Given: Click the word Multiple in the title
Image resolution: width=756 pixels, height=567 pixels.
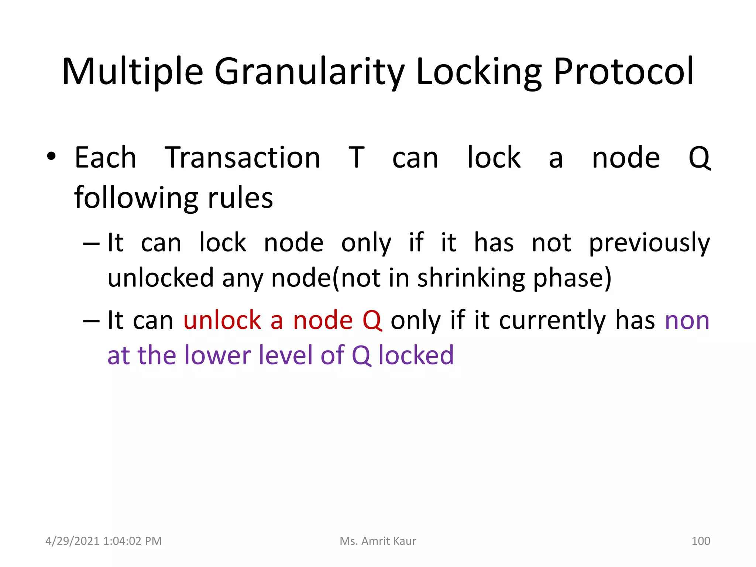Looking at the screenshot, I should pos(133,72).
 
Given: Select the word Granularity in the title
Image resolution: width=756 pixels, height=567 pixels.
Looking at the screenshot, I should pos(309,72).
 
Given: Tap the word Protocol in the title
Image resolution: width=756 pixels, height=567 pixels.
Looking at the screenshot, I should pos(623,72).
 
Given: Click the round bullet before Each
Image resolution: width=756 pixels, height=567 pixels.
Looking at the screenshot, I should pos(51,157).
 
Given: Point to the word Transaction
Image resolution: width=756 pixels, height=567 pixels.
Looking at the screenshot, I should pos(243,158).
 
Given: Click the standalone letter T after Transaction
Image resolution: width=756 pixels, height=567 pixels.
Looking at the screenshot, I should pos(357,158).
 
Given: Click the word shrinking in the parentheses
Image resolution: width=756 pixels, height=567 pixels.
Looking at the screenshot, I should pos(471,278).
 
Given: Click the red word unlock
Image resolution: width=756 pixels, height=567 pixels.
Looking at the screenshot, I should pos(222,320).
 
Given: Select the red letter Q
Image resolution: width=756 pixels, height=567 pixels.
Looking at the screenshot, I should pos(372,321).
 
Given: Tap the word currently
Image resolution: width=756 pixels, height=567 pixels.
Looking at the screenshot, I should pos(552,320).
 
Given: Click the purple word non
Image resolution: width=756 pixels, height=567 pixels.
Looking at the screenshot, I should pos(687,321).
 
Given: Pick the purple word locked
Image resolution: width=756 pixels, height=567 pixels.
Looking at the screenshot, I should pos(416,355).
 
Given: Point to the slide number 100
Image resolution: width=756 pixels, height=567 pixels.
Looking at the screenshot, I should pos(700,541).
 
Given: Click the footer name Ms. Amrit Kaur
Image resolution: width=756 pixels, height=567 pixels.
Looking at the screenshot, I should pos(378,541).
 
